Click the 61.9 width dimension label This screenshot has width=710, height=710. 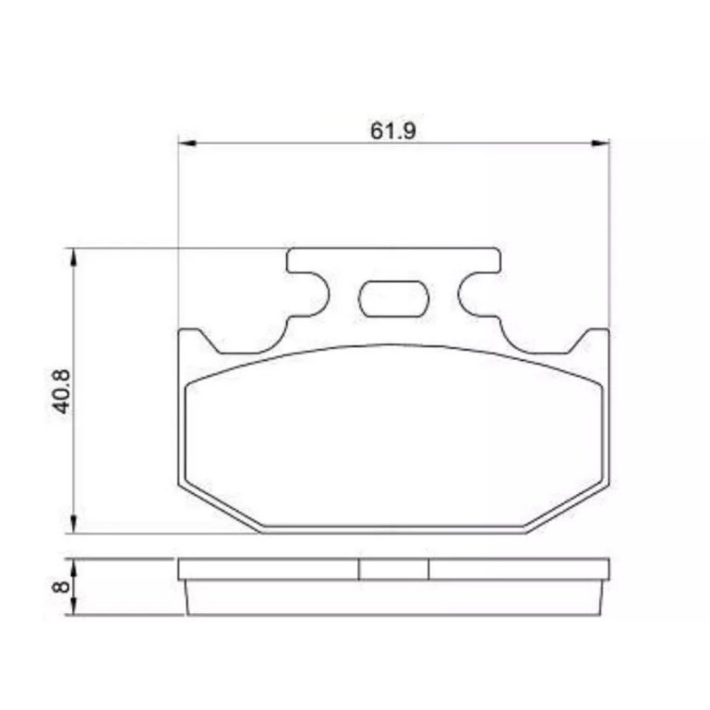tap(392, 131)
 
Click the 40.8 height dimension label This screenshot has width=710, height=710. tap(62, 391)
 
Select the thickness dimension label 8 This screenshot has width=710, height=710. tap(61, 587)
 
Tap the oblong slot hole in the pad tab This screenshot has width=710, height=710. tap(393, 298)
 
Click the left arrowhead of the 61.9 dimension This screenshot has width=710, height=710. tap(187, 143)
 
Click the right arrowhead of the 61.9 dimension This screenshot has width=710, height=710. tap(600, 143)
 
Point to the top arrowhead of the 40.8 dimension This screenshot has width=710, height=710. tap(74, 258)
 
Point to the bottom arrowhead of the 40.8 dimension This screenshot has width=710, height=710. tap(74, 524)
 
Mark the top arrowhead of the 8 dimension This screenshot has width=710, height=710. tap(74, 567)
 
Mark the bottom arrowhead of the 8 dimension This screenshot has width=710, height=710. tap(74, 607)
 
